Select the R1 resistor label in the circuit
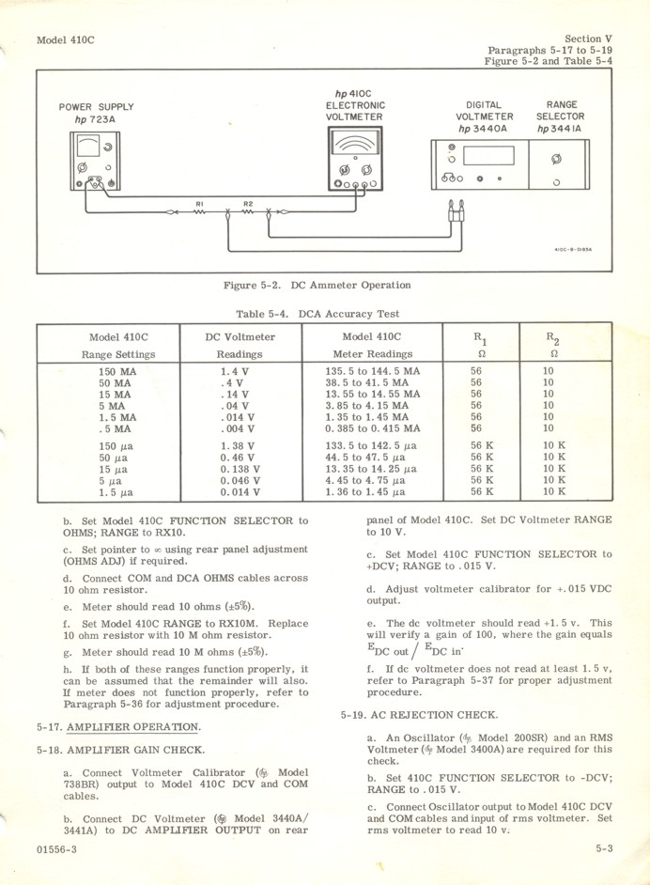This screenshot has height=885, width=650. (x=199, y=203)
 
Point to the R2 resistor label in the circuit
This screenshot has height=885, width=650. (x=248, y=203)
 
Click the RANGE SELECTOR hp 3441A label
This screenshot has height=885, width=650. (x=560, y=116)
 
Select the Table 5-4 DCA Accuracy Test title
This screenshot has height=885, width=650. (x=317, y=314)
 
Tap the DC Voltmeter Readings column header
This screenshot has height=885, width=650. (x=240, y=345)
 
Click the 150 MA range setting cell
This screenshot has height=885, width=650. (x=118, y=371)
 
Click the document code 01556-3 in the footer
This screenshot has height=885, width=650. (x=59, y=848)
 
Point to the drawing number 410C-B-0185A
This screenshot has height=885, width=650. (x=574, y=250)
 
